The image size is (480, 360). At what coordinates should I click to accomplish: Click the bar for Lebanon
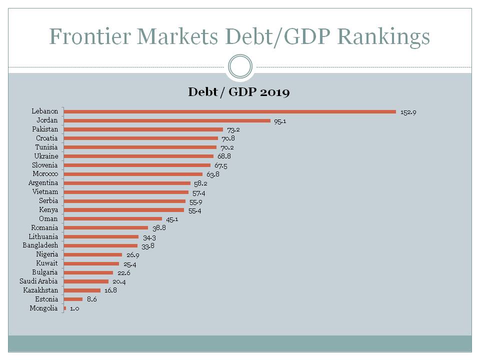click(x=230, y=111)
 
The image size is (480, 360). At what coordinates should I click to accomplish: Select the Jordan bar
click(x=167, y=120)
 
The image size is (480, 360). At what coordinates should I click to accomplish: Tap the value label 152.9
click(x=408, y=112)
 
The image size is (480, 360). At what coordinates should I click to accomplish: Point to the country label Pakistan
click(x=45, y=129)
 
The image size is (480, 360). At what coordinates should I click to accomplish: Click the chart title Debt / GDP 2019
click(x=239, y=92)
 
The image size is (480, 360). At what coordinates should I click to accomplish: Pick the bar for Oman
click(x=113, y=218)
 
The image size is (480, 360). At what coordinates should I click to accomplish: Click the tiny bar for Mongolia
click(x=65, y=308)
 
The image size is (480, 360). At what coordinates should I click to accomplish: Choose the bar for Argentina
click(x=127, y=183)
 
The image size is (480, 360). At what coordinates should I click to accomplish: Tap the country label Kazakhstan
click(x=40, y=290)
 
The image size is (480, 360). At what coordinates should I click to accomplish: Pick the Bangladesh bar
click(x=101, y=245)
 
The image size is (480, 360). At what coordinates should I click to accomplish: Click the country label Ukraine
click(x=46, y=156)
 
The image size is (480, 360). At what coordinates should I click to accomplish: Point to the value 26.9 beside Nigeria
click(x=131, y=254)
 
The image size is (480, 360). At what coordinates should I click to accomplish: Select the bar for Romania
click(x=106, y=227)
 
